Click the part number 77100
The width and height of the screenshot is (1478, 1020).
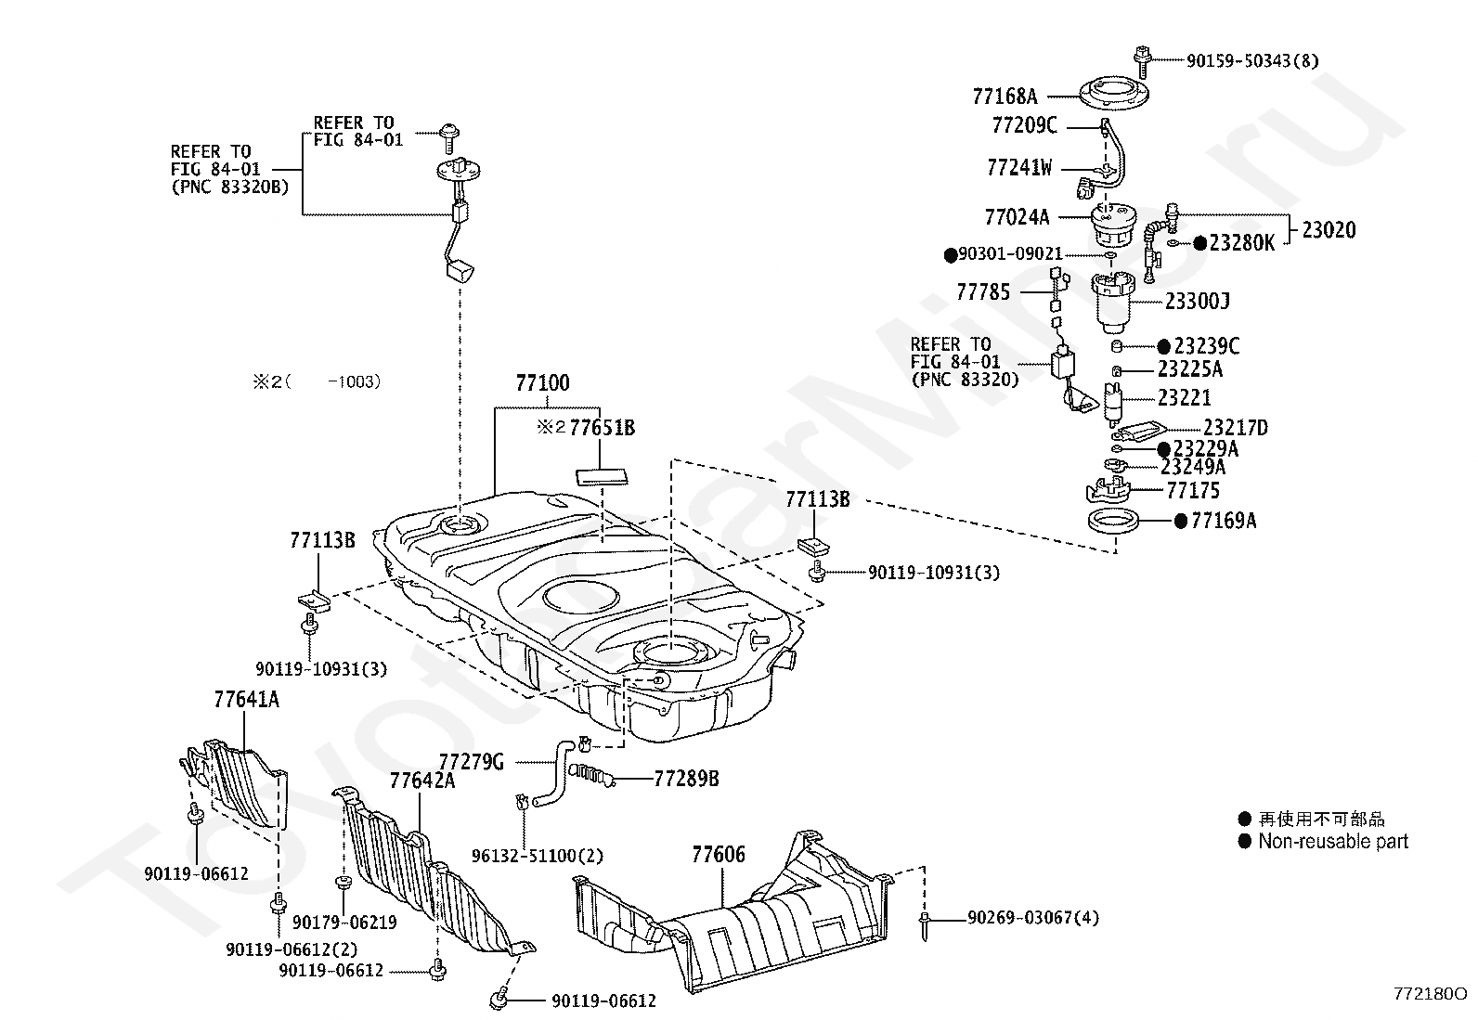(x=542, y=382)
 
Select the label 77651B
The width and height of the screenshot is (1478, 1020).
(x=602, y=428)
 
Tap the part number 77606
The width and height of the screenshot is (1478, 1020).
(x=719, y=855)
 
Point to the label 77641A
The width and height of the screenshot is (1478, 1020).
(x=246, y=700)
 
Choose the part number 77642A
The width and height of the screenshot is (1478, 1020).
(x=422, y=781)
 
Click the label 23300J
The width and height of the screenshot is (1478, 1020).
(x=1198, y=302)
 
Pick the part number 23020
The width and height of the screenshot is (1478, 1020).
(x=1329, y=230)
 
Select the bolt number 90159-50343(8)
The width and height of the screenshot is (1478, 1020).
(x=1252, y=60)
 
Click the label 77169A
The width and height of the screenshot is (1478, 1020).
(x=1224, y=521)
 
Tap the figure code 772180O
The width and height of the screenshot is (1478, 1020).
(x=1430, y=994)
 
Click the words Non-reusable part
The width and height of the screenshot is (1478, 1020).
(x=1333, y=841)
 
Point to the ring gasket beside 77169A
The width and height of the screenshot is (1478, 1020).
(x=1113, y=522)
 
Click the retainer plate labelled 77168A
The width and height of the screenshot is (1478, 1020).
(x=1114, y=95)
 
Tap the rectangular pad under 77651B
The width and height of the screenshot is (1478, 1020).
(x=602, y=476)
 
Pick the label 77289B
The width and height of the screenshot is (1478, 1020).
(x=686, y=780)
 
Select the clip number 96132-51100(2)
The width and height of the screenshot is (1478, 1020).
(x=538, y=856)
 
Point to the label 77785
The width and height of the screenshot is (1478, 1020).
(x=983, y=292)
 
